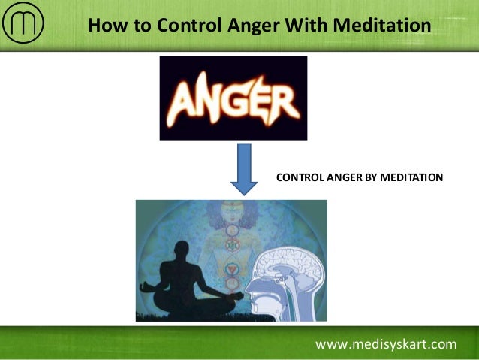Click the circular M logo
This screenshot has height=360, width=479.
(x=23, y=26)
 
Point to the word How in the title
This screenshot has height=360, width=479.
(x=106, y=26)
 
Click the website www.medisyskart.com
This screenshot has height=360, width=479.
(x=386, y=345)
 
